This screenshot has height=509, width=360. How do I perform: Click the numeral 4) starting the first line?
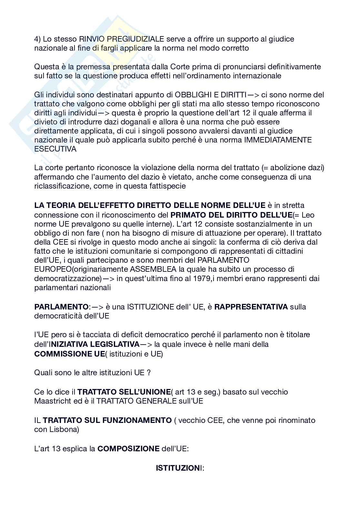click(x=37, y=39)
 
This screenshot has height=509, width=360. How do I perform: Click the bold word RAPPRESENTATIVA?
click(x=251, y=307)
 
